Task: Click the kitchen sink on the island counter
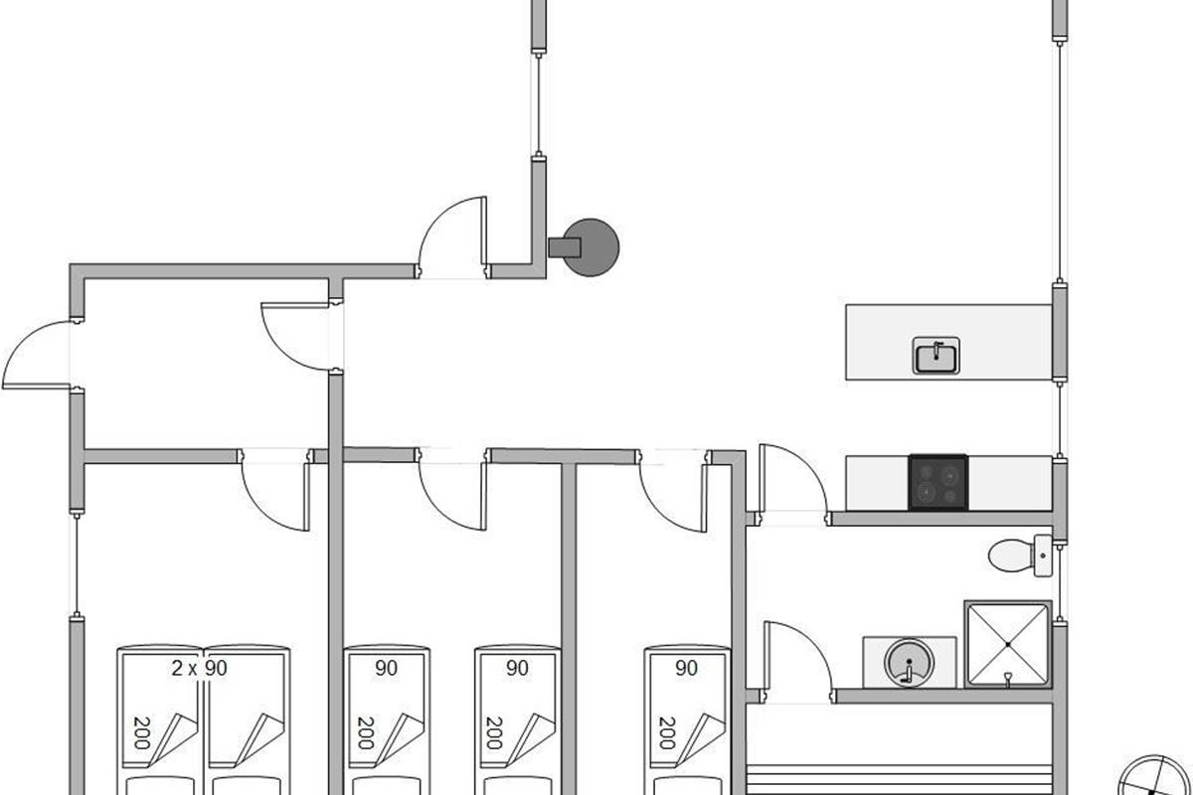(x=936, y=356)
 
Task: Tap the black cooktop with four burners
(x=937, y=482)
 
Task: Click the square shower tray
(x=1007, y=644)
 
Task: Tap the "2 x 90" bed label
(x=199, y=669)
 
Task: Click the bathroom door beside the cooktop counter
(x=790, y=481)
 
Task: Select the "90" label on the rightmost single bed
(x=686, y=669)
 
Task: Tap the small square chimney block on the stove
(x=565, y=246)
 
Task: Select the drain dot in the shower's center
(x=1007, y=644)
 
